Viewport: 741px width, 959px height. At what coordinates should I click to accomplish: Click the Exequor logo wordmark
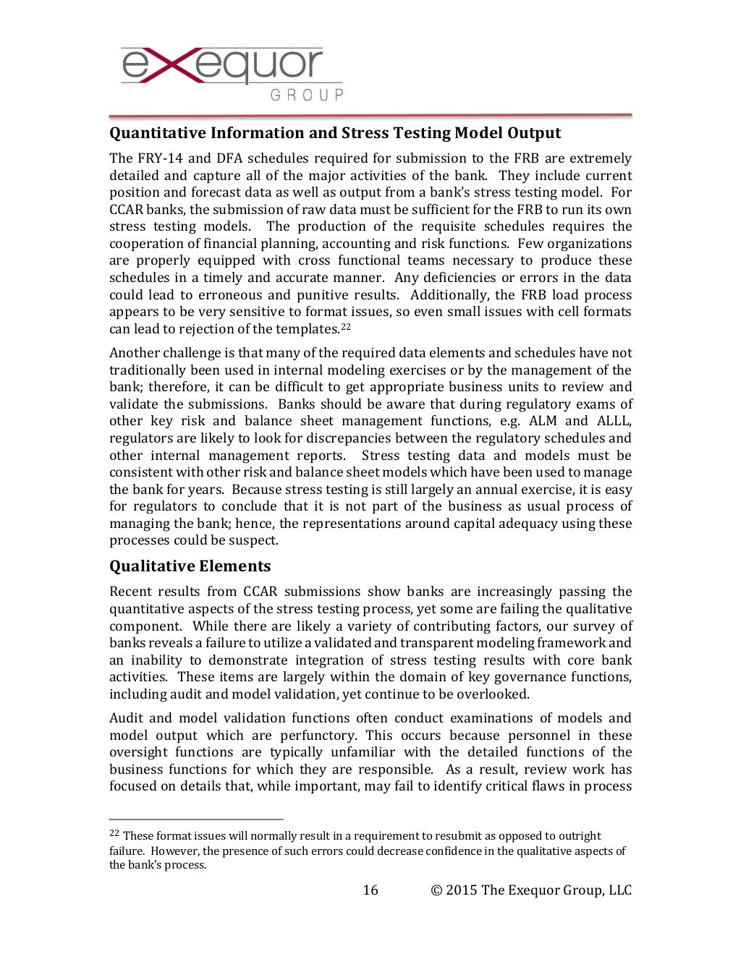point(223,66)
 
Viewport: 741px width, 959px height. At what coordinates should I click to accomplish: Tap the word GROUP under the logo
point(307,95)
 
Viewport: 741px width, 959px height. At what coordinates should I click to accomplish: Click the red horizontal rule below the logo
point(370,116)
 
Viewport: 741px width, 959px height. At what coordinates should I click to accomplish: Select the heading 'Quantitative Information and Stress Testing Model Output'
point(335,133)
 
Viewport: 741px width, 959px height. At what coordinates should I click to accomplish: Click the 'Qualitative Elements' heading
point(190,566)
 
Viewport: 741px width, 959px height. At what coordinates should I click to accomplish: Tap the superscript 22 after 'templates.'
point(346,327)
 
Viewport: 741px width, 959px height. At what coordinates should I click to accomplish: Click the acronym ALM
point(543,421)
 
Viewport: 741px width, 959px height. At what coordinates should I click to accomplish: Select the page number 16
point(370,890)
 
